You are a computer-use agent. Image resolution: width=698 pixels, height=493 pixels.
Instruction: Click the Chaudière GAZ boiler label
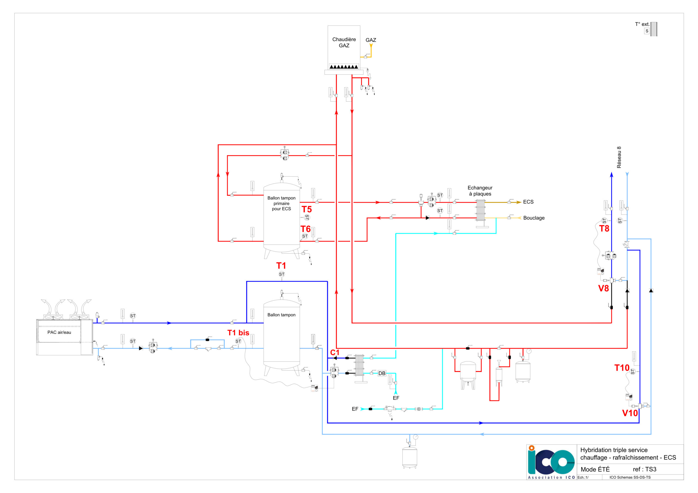[x=344, y=42]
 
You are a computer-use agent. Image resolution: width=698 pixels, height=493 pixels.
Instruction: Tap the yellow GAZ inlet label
[x=371, y=40]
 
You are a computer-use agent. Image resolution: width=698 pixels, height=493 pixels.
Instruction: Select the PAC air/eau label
[x=59, y=332]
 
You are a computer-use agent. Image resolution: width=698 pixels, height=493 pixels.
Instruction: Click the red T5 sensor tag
[x=307, y=209]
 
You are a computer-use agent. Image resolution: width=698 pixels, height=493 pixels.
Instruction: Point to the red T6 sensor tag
[x=306, y=229]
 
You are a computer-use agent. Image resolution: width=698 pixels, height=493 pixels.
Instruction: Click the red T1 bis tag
[x=238, y=332]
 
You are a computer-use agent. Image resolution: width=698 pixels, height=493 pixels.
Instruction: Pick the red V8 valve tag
[x=603, y=288]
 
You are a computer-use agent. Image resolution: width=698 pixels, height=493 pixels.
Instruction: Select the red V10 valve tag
[x=630, y=413]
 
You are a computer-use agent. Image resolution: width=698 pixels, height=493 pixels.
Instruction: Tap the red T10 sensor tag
[x=622, y=368]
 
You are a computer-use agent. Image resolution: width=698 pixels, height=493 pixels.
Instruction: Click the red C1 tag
[x=335, y=352]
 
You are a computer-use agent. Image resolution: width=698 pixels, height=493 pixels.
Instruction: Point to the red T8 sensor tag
[x=604, y=228]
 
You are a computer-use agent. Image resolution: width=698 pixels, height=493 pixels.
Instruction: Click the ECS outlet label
[x=528, y=202]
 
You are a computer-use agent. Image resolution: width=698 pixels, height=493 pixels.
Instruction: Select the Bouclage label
[x=534, y=218]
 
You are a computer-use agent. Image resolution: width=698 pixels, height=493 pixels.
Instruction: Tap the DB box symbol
[x=382, y=373]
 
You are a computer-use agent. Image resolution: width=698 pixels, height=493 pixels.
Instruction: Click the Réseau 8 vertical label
[x=619, y=157]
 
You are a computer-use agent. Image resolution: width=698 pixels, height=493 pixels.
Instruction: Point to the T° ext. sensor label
[x=642, y=24]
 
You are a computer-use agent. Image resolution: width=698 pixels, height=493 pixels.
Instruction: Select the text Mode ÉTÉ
[x=595, y=469]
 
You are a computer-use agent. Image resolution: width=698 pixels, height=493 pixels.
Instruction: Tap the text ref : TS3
[x=645, y=469]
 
